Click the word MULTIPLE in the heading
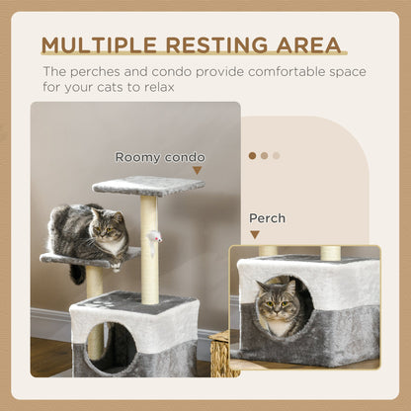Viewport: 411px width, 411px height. tap(100, 45)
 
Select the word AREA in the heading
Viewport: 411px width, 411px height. tap(305, 45)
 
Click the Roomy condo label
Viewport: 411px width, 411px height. tap(160, 156)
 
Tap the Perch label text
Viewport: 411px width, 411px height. tap(268, 218)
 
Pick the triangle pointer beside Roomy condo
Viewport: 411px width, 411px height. tap(198, 171)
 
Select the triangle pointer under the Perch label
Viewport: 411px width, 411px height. tap(255, 235)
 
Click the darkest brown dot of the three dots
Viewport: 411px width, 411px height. tap(252, 155)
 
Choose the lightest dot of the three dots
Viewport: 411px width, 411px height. tap(277, 155)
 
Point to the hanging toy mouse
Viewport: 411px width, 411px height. tap(155, 237)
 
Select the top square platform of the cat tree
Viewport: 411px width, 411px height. tap(147, 185)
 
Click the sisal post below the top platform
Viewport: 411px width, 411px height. tap(149, 247)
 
